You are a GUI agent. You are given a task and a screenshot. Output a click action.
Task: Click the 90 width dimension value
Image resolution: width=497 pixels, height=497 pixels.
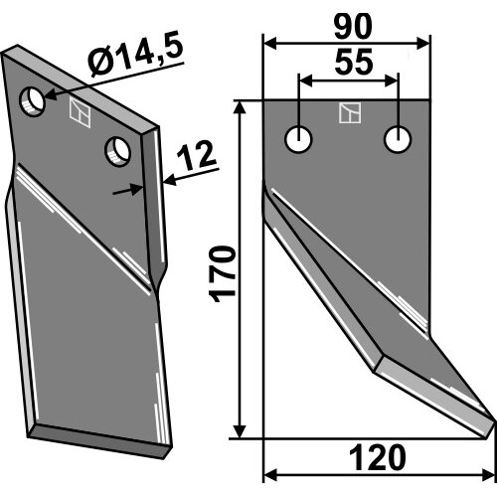353,26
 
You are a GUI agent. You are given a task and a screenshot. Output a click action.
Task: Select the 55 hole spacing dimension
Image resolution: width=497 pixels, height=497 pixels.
354,62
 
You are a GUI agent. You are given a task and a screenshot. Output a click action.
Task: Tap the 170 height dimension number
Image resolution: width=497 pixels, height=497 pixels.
223,273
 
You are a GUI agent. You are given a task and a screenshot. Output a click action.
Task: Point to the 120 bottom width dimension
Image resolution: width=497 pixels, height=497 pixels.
378,458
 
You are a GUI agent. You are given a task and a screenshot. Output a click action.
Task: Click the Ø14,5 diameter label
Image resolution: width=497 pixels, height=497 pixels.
136,53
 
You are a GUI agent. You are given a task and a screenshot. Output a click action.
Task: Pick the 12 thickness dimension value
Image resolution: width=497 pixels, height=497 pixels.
197,156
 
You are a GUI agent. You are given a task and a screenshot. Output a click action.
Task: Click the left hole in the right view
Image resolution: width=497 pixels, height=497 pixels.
298,139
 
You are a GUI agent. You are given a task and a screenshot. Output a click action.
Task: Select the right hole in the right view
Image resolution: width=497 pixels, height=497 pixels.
398,139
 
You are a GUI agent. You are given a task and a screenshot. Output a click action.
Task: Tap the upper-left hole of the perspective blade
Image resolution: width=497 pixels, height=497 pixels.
32,101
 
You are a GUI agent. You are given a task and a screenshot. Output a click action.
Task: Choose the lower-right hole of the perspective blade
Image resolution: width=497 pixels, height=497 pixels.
117,151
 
